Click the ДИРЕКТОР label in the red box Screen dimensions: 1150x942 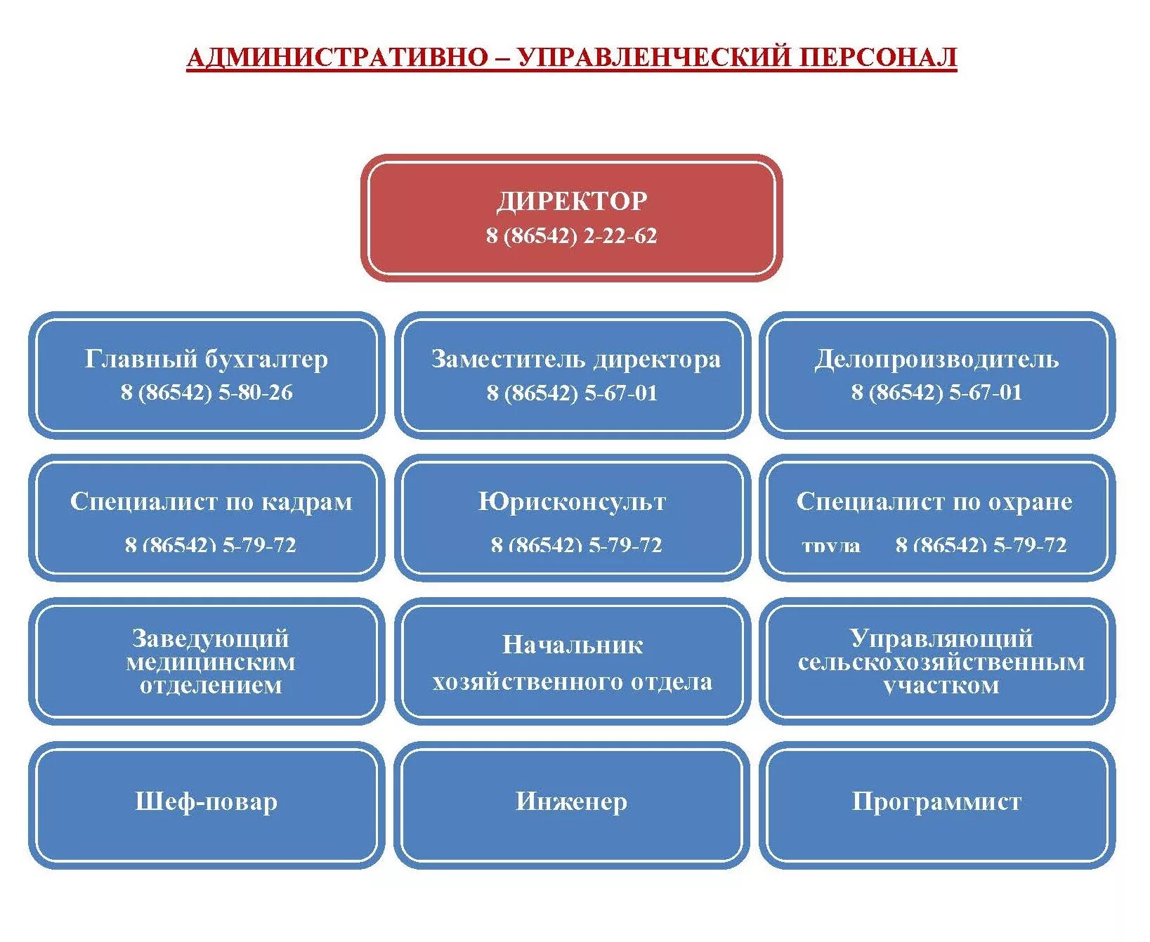tap(572, 202)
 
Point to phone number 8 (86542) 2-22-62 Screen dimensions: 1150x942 tap(571, 235)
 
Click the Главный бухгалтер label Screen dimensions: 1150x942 tap(207, 359)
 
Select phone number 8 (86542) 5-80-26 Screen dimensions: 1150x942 tap(207, 392)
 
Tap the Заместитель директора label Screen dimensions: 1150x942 tap(575, 359)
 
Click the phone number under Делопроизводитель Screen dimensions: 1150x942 tap(936, 392)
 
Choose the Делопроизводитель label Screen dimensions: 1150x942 tap(936, 359)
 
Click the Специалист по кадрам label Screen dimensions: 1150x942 tap(211, 502)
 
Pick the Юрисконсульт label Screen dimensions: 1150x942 tap(572, 502)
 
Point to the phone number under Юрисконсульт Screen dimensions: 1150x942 tap(576, 544)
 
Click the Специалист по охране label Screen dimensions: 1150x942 tap(934, 502)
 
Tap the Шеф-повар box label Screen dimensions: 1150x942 tap(207, 802)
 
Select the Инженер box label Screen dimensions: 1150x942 tap(571, 802)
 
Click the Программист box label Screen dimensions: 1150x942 tap(936, 802)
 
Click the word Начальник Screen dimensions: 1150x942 tap(573, 645)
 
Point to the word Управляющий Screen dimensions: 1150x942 tap(941, 638)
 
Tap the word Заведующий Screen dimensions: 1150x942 tap(211, 638)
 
